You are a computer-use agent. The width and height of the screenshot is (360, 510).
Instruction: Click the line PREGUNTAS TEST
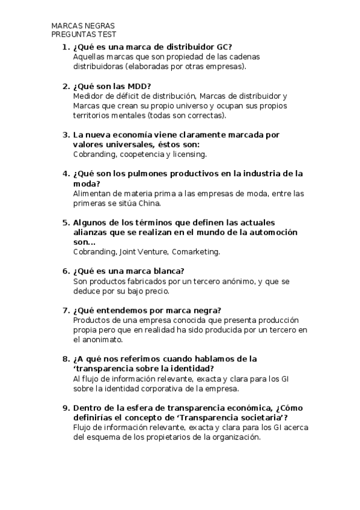[x=84, y=35]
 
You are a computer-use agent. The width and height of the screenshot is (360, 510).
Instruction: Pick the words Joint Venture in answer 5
[x=144, y=251]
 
